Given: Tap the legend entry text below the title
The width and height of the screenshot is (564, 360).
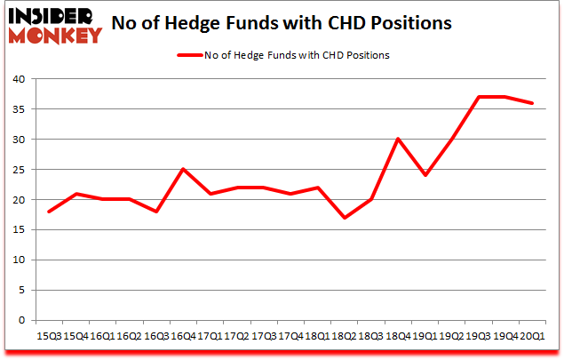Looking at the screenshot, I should (x=298, y=55).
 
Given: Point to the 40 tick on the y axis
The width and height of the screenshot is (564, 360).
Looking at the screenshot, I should (x=18, y=79).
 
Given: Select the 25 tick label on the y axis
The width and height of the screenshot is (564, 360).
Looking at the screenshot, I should (x=18, y=170).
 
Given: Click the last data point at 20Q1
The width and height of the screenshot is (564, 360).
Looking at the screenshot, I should (x=532, y=103).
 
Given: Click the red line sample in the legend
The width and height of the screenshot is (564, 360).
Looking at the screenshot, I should (x=190, y=55).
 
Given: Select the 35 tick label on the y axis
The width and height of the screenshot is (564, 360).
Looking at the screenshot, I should (x=18, y=109).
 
